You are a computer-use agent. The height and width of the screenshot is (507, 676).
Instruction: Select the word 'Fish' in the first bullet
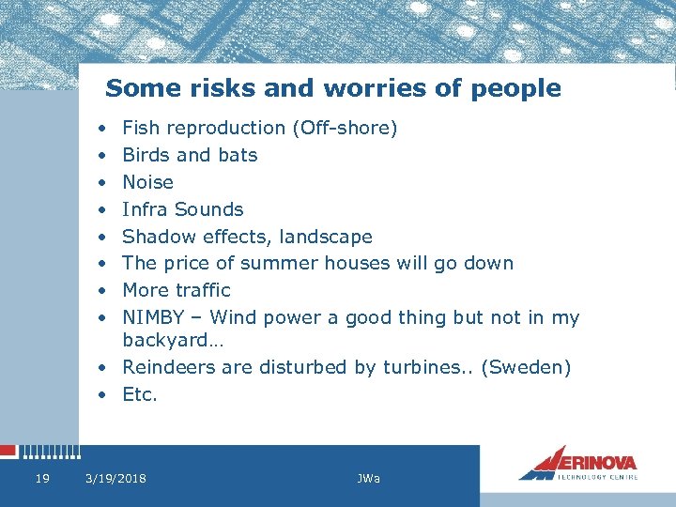(139, 128)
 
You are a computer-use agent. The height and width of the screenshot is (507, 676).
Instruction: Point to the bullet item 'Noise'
(147, 182)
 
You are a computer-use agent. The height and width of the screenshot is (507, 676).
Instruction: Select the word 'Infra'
(146, 209)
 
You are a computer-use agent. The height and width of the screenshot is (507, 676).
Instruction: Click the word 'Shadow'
(155, 237)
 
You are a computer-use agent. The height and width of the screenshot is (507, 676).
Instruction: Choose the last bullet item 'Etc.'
(140, 394)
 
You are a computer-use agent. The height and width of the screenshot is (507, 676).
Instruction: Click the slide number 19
(41, 479)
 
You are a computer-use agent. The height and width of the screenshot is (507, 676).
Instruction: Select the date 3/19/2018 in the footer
(115, 479)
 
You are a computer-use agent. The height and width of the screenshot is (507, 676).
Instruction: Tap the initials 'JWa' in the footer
(368, 479)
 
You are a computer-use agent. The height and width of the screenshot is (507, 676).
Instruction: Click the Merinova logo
(577, 463)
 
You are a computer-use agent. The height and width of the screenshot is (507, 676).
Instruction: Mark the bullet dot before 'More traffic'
(100, 290)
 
